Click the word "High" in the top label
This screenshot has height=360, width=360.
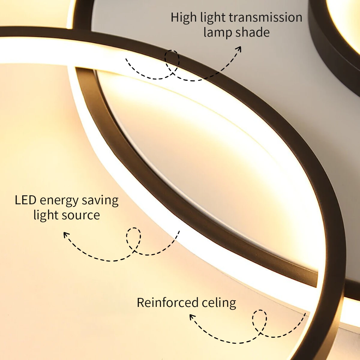point(184,18)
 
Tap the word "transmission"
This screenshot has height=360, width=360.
point(265,17)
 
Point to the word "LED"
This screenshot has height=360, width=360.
point(25,200)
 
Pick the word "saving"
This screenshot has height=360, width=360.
point(100,201)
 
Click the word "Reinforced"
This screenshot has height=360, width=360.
point(167,303)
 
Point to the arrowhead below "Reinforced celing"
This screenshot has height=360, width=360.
point(192,317)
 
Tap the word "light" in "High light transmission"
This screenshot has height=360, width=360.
point(213,18)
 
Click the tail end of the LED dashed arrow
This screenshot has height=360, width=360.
point(179,231)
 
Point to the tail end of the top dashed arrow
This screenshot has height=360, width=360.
point(126,59)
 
